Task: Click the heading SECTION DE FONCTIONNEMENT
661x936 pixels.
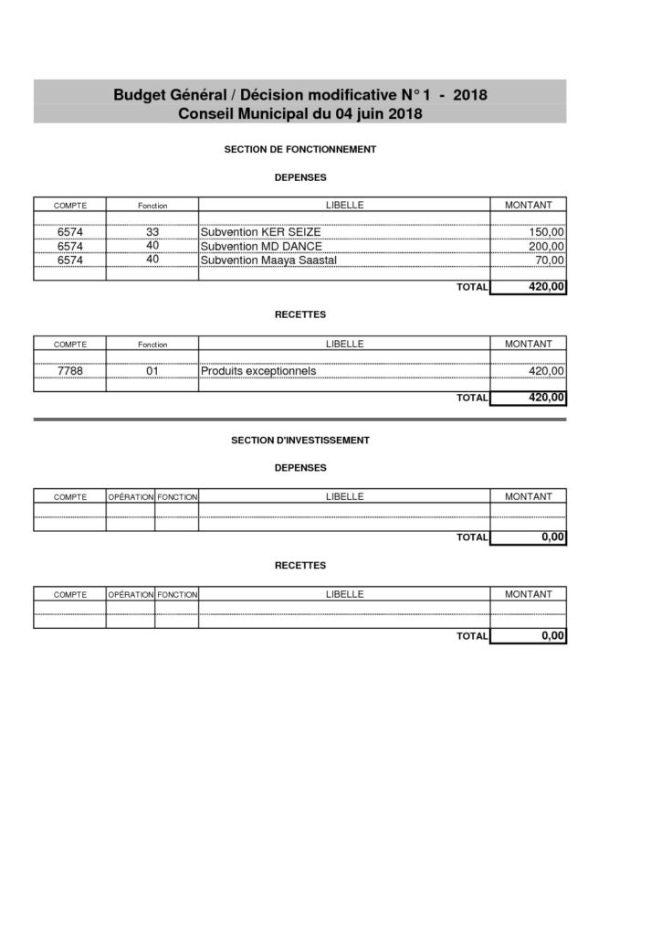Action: click(300, 148)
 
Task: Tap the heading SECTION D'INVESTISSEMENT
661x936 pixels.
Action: click(300, 440)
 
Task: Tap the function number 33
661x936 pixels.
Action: click(152, 233)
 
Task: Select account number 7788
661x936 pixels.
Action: click(70, 371)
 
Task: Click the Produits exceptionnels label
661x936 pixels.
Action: click(258, 371)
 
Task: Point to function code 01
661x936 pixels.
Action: click(152, 371)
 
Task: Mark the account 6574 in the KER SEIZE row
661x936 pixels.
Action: click(70, 233)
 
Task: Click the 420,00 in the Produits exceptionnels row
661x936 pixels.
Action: click(548, 372)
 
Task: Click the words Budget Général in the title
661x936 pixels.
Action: click(164, 95)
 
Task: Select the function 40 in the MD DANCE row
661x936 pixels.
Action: click(152, 246)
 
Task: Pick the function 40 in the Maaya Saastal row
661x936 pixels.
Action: click(152, 260)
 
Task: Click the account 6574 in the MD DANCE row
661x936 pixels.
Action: click(70, 247)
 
